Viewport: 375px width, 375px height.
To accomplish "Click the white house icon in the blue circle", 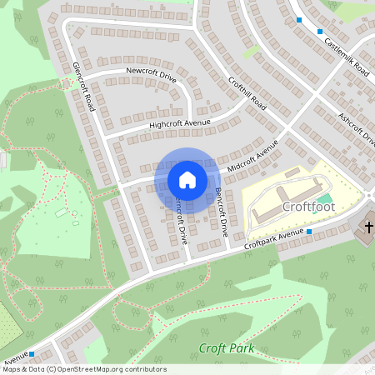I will (187, 179).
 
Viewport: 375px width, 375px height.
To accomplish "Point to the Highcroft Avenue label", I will (180, 124).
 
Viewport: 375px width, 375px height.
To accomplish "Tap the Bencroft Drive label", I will (221, 212).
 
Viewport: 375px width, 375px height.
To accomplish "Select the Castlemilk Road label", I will (346, 57).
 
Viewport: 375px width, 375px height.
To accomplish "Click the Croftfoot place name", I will (307, 206).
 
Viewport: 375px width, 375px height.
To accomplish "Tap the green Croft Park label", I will (226, 348).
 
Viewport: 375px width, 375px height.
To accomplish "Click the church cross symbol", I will (369, 227).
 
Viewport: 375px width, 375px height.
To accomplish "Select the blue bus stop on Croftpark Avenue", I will (308, 231).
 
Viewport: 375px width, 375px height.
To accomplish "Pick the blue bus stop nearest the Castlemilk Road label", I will (319, 32).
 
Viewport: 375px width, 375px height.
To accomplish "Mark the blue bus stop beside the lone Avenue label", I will (32, 354).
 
